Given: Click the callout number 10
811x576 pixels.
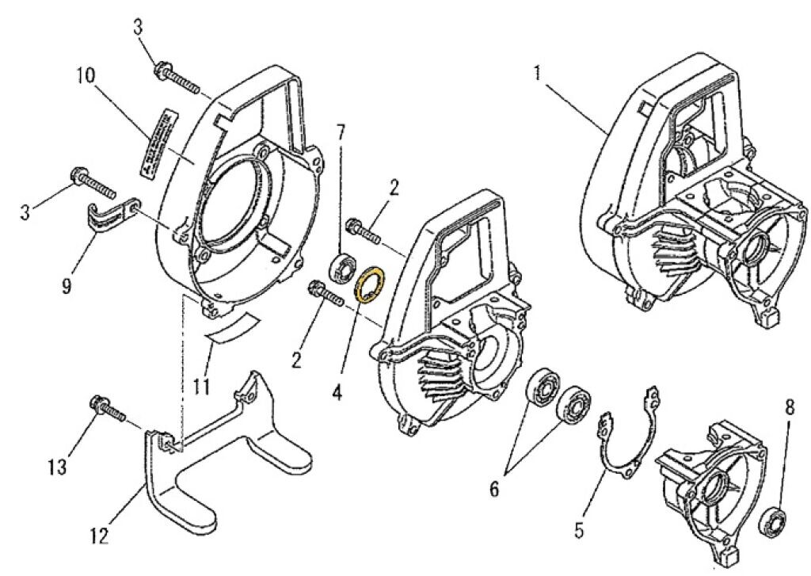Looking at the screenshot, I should click(x=86, y=76).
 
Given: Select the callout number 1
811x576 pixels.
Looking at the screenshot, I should click(x=538, y=74).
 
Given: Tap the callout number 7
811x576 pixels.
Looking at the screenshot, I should click(x=341, y=132).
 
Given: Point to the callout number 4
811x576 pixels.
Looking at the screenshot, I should click(x=337, y=392).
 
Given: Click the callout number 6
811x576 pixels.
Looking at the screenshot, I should click(x=494, y=489).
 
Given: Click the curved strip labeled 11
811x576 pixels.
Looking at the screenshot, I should click(x=230, y=326).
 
